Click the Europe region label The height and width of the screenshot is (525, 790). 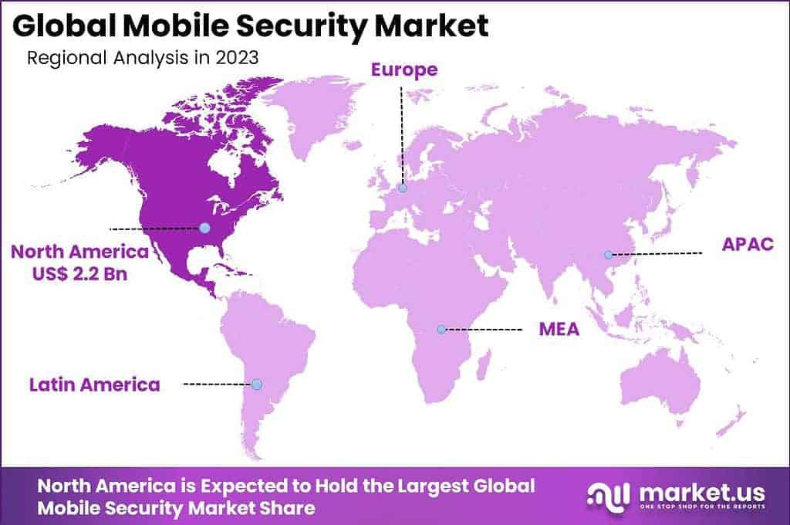[403, 70]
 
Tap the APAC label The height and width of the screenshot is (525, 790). [745, 246]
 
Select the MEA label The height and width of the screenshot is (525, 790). [559, 330]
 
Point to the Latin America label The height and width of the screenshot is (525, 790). [95, 384]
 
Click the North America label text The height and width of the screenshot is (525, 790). [79, 252]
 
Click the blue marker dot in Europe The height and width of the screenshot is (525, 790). [403, 188]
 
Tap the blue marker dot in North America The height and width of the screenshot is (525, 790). [204, 227]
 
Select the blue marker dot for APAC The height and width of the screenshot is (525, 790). [608, 254]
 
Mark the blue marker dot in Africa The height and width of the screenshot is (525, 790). [441, 330]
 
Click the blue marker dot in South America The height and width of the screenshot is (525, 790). [257, 384]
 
